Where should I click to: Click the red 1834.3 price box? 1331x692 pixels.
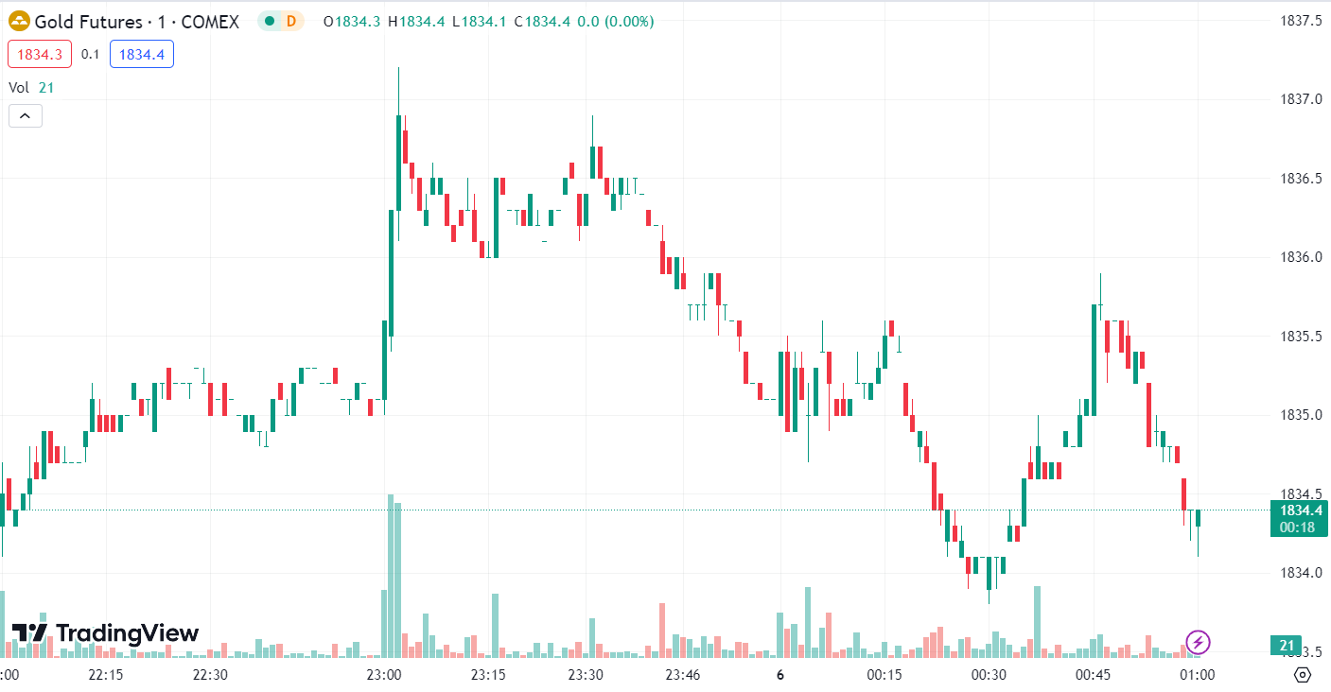[x=40, y=55]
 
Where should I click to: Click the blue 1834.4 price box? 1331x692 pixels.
[x=142, y=55]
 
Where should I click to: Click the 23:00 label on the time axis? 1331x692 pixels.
[x=383, y=675]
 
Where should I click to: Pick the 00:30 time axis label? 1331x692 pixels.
[x=988, y=675]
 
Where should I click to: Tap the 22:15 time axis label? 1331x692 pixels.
[x=106, y=675]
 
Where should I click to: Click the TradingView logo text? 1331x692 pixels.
[x=127, y=633]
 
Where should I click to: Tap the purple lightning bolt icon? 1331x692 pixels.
[x=1198, y=643]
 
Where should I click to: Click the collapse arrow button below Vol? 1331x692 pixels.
[x=26, y=116]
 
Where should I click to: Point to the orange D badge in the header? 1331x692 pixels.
[x=290, y=21]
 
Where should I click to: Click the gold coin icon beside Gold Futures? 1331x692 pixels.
[x=19, y=21]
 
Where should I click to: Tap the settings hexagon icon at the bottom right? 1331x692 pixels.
[x=1303, y=675]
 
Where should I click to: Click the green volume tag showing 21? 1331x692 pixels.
[x=1286, y=646]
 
